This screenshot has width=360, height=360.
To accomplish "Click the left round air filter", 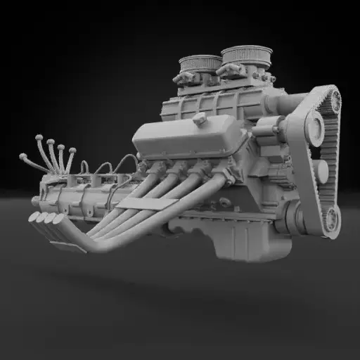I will coord(200,64).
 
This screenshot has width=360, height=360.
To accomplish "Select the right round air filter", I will coord(241,55).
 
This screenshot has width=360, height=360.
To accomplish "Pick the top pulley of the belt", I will coord(315,127).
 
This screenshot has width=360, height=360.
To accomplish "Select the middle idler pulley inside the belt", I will coord(320,172).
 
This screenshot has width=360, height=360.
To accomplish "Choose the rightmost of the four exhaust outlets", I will coord(58,219).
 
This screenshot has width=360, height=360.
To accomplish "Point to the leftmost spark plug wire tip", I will coord(22,156).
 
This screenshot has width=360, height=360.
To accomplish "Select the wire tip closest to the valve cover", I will coord(71,149).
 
